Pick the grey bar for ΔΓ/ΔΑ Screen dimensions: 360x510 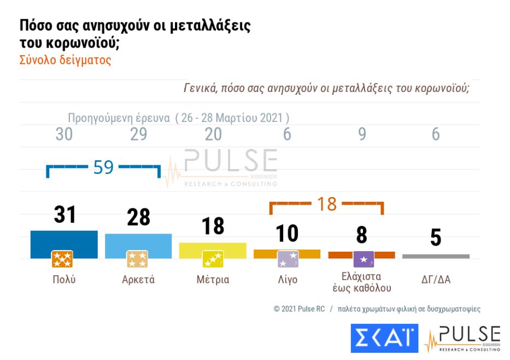tap(436, 256)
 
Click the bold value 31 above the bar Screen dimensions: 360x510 tap(65, 215)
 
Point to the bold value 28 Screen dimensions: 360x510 tap(138, 218)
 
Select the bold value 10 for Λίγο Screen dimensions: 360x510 tap(287, 234)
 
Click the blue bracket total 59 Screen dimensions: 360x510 tap(103, 167)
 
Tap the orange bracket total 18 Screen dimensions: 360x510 tap(327, 204)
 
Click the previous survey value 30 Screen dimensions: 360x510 tap(64, 134)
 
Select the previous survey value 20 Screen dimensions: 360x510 tap(213, 134)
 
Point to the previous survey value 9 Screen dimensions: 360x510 tap(362, 134)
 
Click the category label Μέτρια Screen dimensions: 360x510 tap(213, 280)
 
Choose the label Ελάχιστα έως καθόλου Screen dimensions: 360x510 tap(361, 282)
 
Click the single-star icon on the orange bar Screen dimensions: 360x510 tap(364, 259)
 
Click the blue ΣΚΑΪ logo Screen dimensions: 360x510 tap(384, 338)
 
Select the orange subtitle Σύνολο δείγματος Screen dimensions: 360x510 tap(65, 60)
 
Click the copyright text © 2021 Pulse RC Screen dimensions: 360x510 tap(299, 309)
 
